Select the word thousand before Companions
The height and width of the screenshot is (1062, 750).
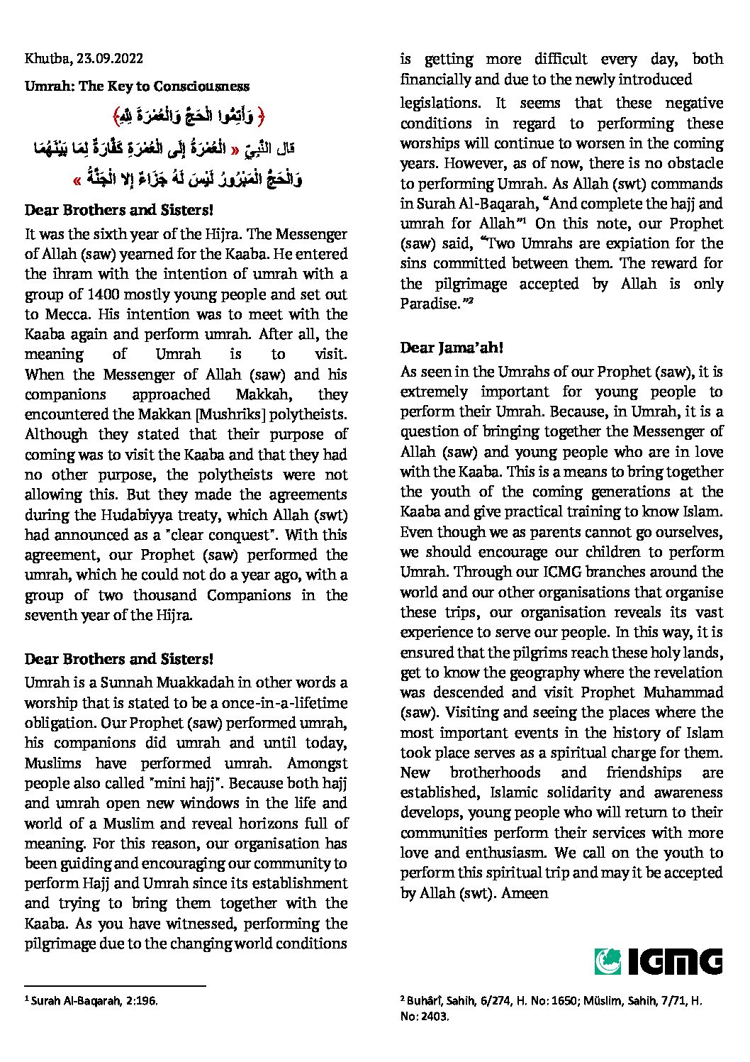point(167,595)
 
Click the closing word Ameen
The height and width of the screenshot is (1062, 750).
point(525,893)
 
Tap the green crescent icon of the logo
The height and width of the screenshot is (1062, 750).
point(608,961)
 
